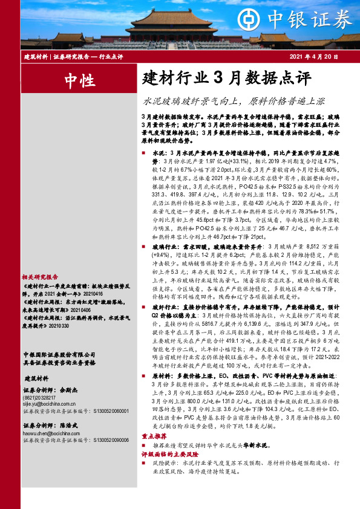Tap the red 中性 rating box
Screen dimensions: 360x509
[79, 79]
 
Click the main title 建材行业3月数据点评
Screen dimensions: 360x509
[226, 79]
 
